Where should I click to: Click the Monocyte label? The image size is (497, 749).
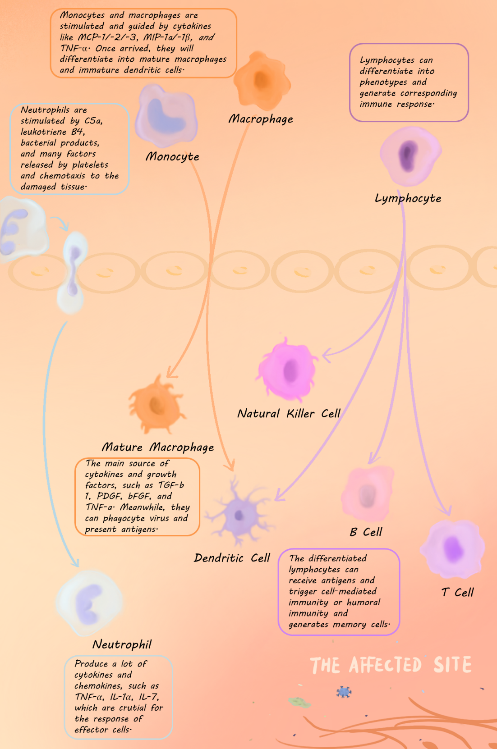[x=172, y=156]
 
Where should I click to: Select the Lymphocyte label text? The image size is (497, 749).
[x=408, y=198]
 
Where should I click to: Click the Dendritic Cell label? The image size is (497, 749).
[x=232, y=558]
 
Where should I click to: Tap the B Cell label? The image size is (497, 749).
[x=366, y=532]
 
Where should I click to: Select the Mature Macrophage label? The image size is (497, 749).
[x=158, y=447]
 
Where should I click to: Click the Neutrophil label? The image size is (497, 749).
[x=122, y=644]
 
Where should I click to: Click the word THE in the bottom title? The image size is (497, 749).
[x=325, y=666]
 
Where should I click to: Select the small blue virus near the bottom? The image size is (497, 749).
[x=344, y=692]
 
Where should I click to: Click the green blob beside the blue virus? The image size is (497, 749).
[x=299, y=702]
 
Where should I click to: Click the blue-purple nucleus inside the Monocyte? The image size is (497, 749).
[x=165, y=117]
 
